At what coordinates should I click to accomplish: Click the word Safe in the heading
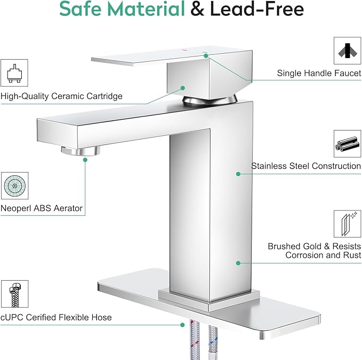pyautogui.click(x=81, y=9)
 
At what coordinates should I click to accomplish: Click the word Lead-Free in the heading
pyautogui.click(x=257, y=9)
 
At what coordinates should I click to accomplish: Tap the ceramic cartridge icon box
pyautogui.click(x=14, y=73)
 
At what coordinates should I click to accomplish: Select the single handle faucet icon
pyautogui.click(x=348, y=51)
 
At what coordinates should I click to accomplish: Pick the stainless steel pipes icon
pyautogui.click(x=348, y=144)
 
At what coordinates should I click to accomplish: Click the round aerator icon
pyautogui.click(x=15, y=186)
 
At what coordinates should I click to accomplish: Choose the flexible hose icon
pyautogui.click(x=15, y=294)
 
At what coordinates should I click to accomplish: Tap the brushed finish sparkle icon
pyautogui.click(x=348, y=224)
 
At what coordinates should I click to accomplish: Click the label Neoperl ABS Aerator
pyautogui.click(x=42, y=208)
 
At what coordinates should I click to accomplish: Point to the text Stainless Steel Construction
pyautogui.click(x=306, y=166)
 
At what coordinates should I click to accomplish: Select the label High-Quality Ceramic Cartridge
pyautogui.click(x=61, y=96)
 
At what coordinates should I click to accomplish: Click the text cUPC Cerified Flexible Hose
pyautogui.click(x=56, y=317)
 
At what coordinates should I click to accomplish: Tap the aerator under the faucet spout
pyautogui.click(x=81, y=151)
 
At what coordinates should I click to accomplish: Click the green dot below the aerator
pyautogui.click(x=85, y=160)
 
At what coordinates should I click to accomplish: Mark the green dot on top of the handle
pyautogui.click(x=206, y=55)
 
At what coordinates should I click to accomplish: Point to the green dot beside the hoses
pyautogui.click(x=183, y=325)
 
